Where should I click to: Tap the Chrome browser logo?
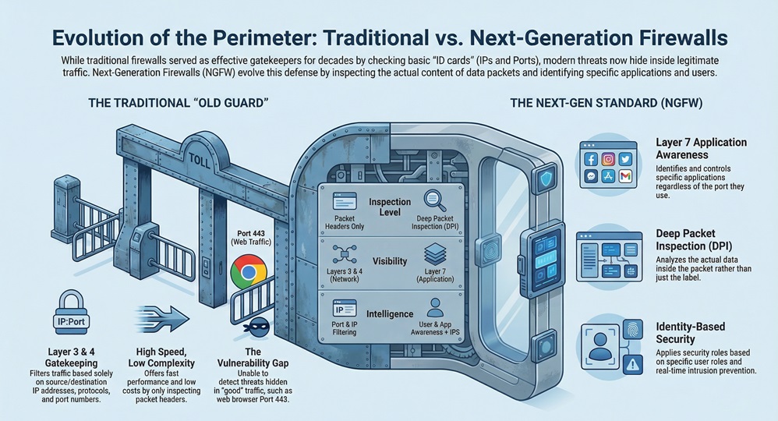click(247, 274)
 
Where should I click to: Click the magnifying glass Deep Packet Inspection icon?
click(433, 202)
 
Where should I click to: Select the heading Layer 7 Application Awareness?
click(702, 148)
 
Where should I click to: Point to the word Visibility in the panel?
click(389, 261)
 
